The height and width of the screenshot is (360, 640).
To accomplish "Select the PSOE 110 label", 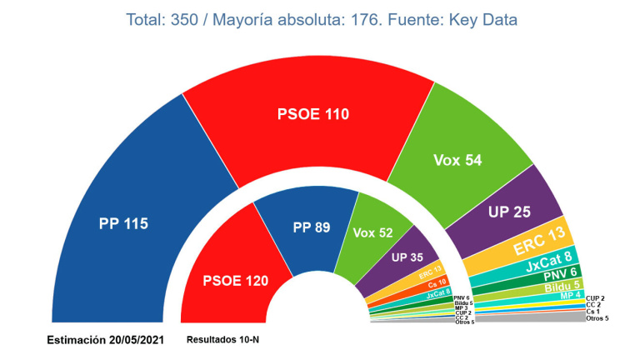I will coord(312,115).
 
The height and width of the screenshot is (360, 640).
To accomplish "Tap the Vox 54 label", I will coord(457,160).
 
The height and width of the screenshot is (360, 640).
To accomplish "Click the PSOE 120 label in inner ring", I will coord(236,280).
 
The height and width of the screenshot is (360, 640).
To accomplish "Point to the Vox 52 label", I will coord(373,233).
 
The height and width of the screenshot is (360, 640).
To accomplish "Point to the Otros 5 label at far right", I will coord(597,319).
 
